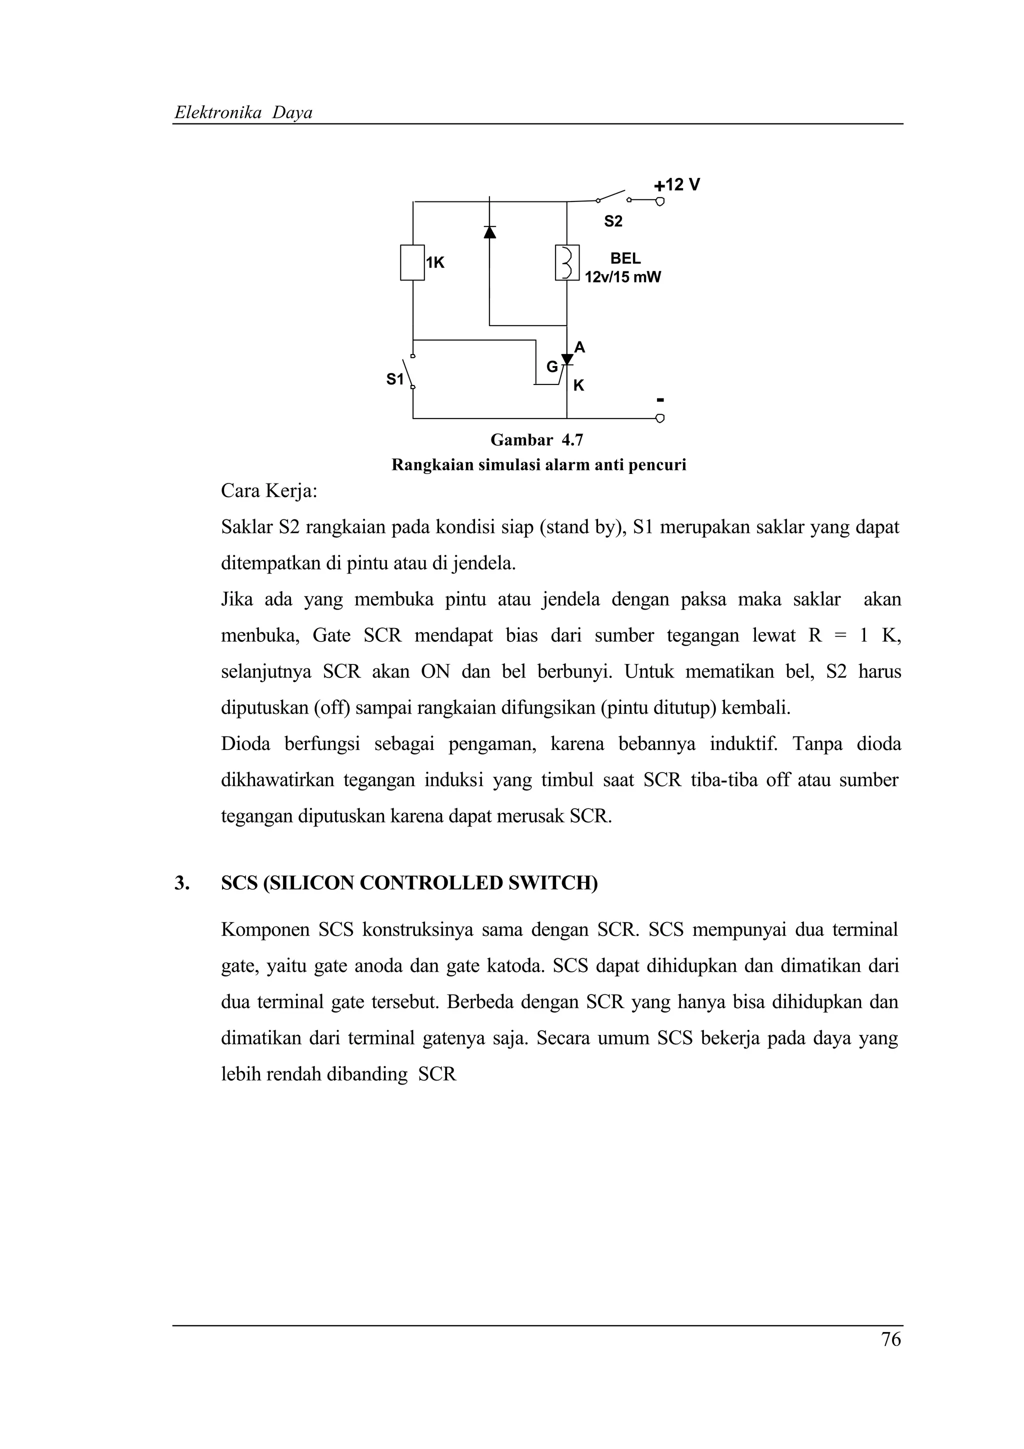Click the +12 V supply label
pyautogui.click(x=676, y=185)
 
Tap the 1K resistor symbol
pyautogui.click(x=412, y=262)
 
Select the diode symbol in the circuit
pyautogui.click(x=489, y=231)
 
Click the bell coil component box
pyautogui.click(x=566, y=262)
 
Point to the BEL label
pyautogui.click(x=625, y=258)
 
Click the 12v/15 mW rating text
pyautogui.click(x=622, y=277)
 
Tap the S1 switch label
pyautogui.click(x=394, y=379)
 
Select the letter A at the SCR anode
pyautogui.click(x=579, y=347)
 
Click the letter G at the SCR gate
pyautogui.click(x=551, y=366)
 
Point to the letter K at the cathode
pyautogui.click(x=578, y=385)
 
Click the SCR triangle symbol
pyautogui.click(x=566, y=359)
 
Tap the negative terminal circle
pyautogui.click(x=660, y=418)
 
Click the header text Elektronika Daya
pyautogui.click(x=243, y=113)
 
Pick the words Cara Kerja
pyautogui.click(x=269, y=490)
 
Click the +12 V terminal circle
pyautogui.click(x=660, y=202)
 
